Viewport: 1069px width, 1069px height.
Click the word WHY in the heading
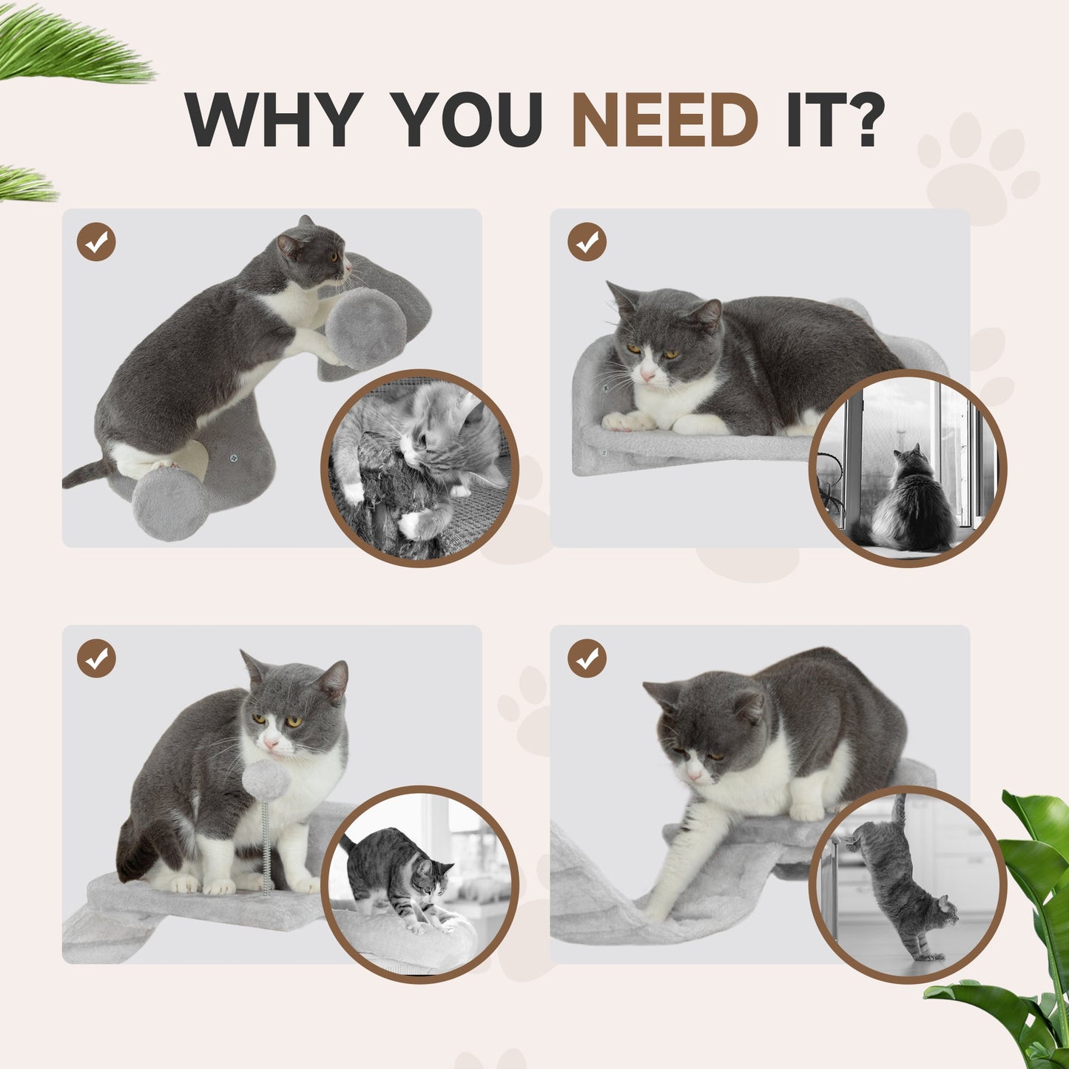274,120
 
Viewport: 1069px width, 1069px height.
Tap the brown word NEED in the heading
665,120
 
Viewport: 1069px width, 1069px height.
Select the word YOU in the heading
468,120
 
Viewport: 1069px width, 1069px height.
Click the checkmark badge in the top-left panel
96,242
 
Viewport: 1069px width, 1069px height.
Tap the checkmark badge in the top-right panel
587,242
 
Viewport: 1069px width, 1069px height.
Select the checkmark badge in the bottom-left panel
96,658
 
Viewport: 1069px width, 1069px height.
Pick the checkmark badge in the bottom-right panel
587,658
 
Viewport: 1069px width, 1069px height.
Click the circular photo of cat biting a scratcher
419,468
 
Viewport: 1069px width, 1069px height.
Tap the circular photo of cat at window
908,468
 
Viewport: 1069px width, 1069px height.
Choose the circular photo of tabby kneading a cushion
419,884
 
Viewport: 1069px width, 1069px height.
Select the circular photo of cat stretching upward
908,884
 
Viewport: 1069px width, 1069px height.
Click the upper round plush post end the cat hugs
365,328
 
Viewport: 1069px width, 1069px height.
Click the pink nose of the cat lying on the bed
648,377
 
